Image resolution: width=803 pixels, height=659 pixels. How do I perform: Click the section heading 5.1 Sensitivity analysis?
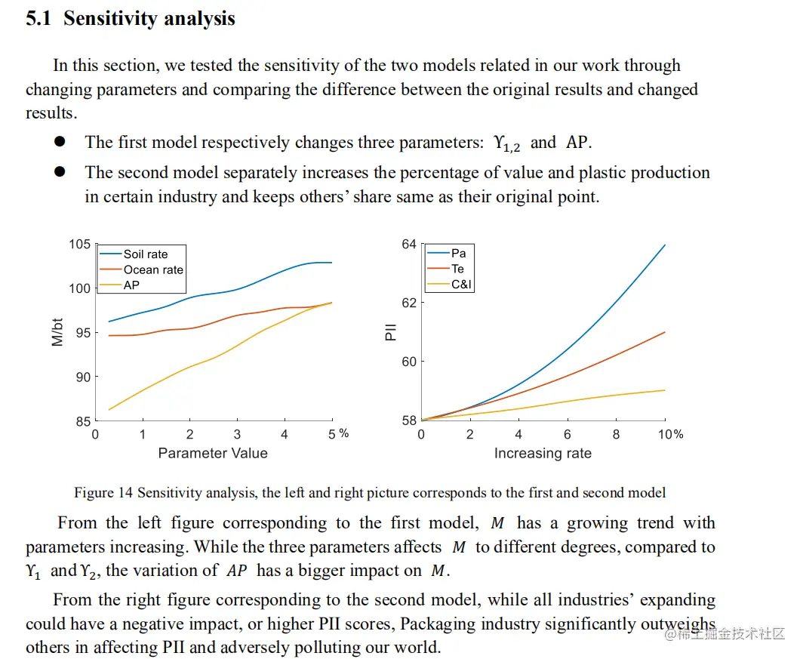(131, 19)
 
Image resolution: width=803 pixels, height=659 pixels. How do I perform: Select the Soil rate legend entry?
(146, 254)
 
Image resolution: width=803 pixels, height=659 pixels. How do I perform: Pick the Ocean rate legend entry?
(153, 269)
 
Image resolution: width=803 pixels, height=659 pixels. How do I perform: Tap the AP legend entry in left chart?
(131, 285)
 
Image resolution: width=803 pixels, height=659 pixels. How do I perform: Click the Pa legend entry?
(458, 253)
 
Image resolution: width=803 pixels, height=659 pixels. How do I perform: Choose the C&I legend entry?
(462, 285)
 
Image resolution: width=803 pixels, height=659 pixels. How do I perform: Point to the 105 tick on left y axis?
(79, 245)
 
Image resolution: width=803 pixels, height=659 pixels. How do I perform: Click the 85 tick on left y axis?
(82, 421)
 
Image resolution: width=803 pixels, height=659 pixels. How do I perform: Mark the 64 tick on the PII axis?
(408, 245)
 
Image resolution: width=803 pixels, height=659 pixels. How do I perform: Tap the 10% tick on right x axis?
(670, 434)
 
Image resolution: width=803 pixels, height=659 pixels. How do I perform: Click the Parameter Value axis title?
(213, 453)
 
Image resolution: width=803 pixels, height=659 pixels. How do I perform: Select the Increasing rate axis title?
(543, 454)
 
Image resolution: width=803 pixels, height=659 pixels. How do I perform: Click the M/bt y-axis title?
(57, 332)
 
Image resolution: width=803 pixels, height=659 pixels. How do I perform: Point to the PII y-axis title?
(390, 332)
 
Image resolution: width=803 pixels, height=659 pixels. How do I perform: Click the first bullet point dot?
(60, 142)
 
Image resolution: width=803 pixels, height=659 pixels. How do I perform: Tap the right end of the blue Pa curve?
(665, 245)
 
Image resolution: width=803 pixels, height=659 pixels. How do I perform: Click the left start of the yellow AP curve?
(109, 410)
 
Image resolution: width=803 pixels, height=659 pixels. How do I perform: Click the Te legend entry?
(457, 269)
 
